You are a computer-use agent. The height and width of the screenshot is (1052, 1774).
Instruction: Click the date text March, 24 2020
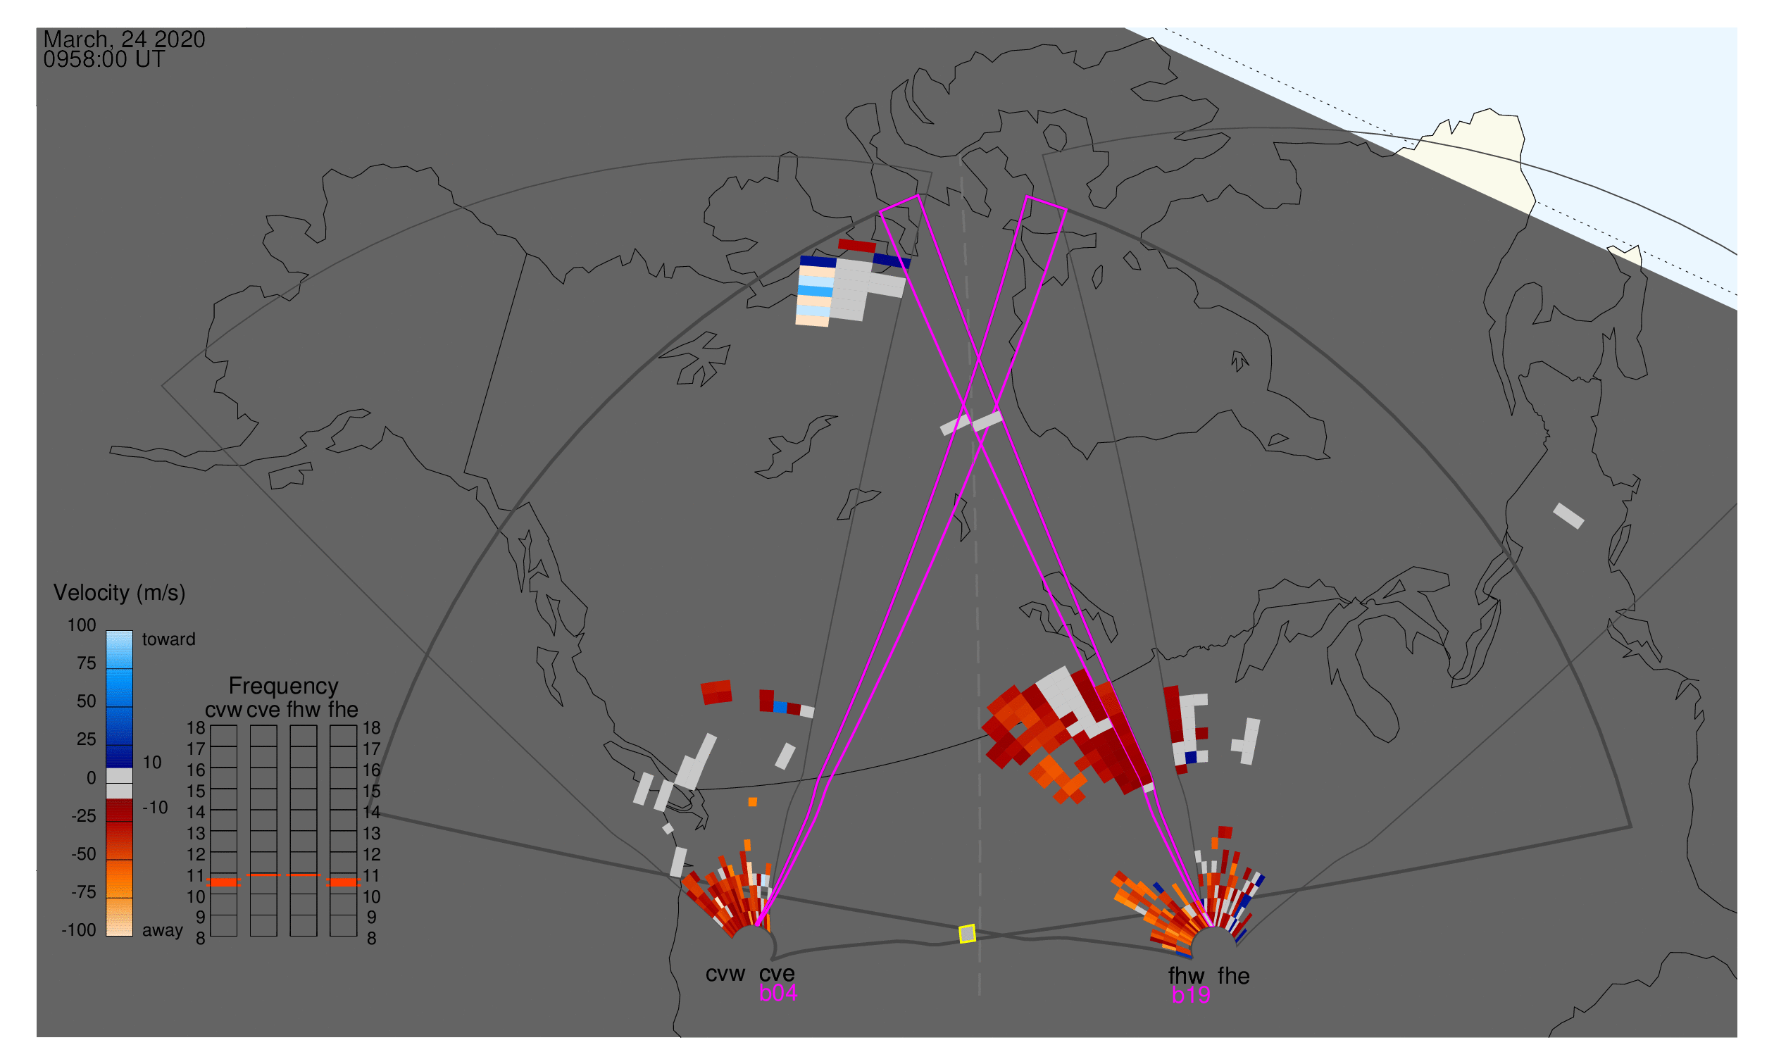pyautogui.click(x=124, y=39)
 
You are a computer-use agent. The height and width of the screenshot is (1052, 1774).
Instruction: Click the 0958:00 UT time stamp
pyautogui.click(x=104, y=60)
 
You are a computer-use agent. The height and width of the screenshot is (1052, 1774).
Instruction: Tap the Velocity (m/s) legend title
pyautogui.click(x=119, y=594)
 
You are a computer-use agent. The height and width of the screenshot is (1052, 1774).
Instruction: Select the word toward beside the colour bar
pyautogui.click(x=169, y=640)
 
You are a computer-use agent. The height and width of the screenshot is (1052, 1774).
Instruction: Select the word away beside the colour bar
pyautogui.click(x=163, y=931)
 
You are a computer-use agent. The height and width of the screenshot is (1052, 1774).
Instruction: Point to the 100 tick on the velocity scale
pyautogui.click(x=82, y=625)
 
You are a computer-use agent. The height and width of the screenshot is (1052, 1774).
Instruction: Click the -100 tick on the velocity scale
pyautogui.click(x=79, y=930)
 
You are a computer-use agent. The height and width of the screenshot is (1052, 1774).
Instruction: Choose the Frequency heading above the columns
pyautogui.click(x=284, y=687)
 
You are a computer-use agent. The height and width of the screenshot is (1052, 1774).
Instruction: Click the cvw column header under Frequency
pyautogui.click(x=223, y=710)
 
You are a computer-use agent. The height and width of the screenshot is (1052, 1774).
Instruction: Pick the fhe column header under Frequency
pyautogui.click(x=343, y=710)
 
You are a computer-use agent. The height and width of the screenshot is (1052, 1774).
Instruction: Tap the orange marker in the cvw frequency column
pyautogui.click(x=224, y=882)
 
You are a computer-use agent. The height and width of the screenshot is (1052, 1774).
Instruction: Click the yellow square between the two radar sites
pyautogui.click(x=967, y=934)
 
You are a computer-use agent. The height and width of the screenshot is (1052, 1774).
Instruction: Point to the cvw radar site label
pyautogui.click(x=725, y=975)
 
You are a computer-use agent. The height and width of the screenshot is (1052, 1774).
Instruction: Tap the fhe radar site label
pyautogui.click(x=1234, y=976)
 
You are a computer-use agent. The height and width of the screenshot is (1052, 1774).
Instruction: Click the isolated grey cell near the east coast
pyautogui.click(x=1568, y=516)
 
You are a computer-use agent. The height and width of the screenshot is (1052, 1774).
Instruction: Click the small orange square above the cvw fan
pyautogui.click(x=752, y=803)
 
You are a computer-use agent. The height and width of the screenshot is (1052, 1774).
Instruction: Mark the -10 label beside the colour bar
pyautogui.click(x=155, y=808)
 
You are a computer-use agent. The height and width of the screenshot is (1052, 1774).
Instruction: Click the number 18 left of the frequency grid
pyautogui.click(x=196, y=728)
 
